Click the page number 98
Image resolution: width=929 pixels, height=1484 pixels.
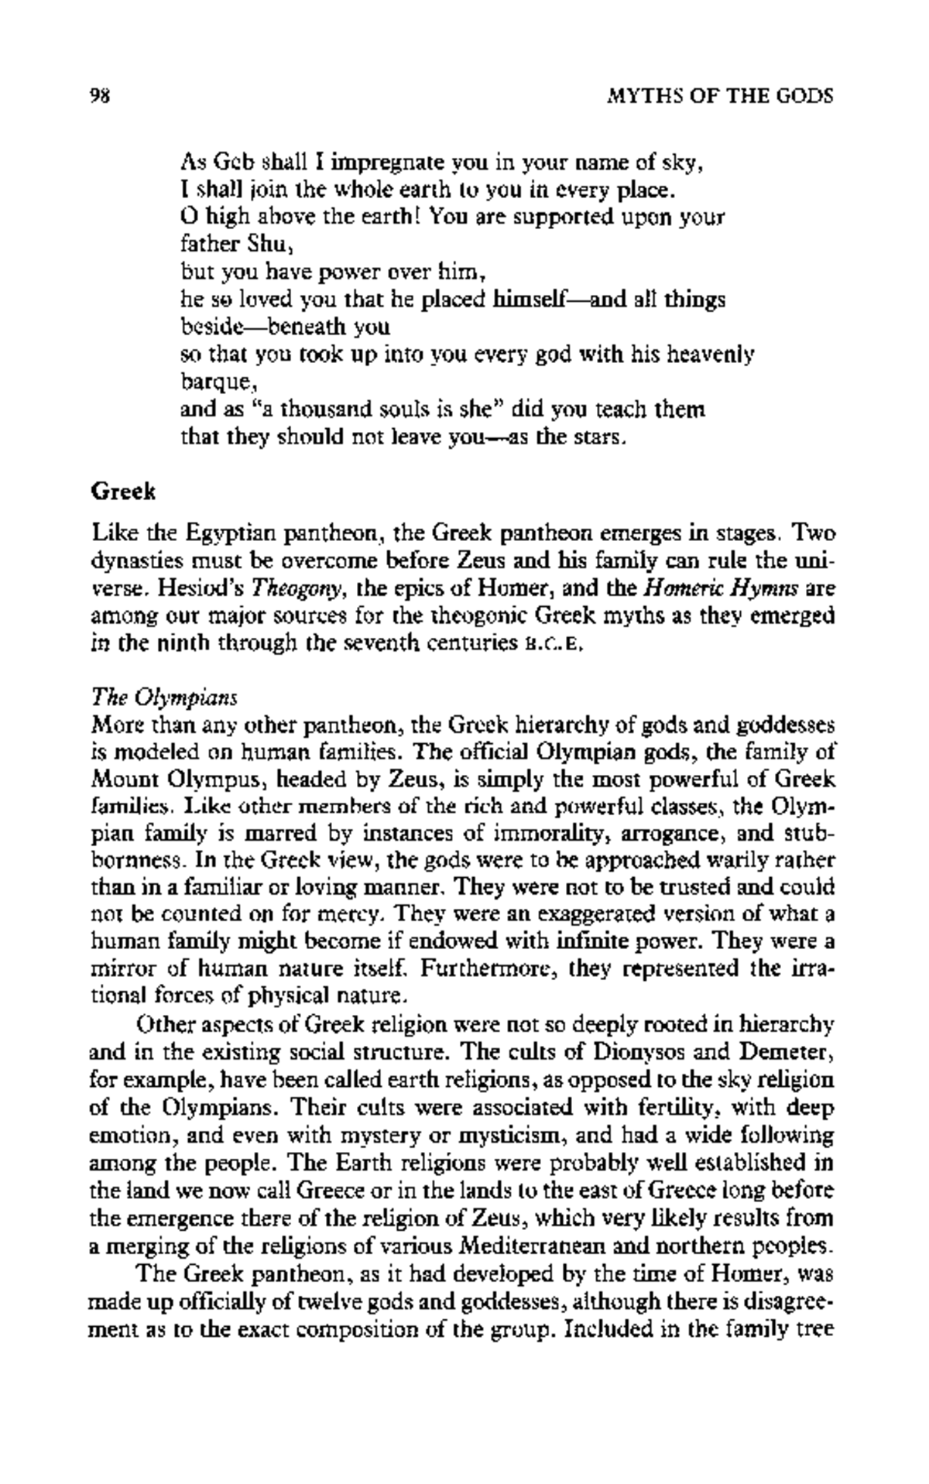pos(103,96)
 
